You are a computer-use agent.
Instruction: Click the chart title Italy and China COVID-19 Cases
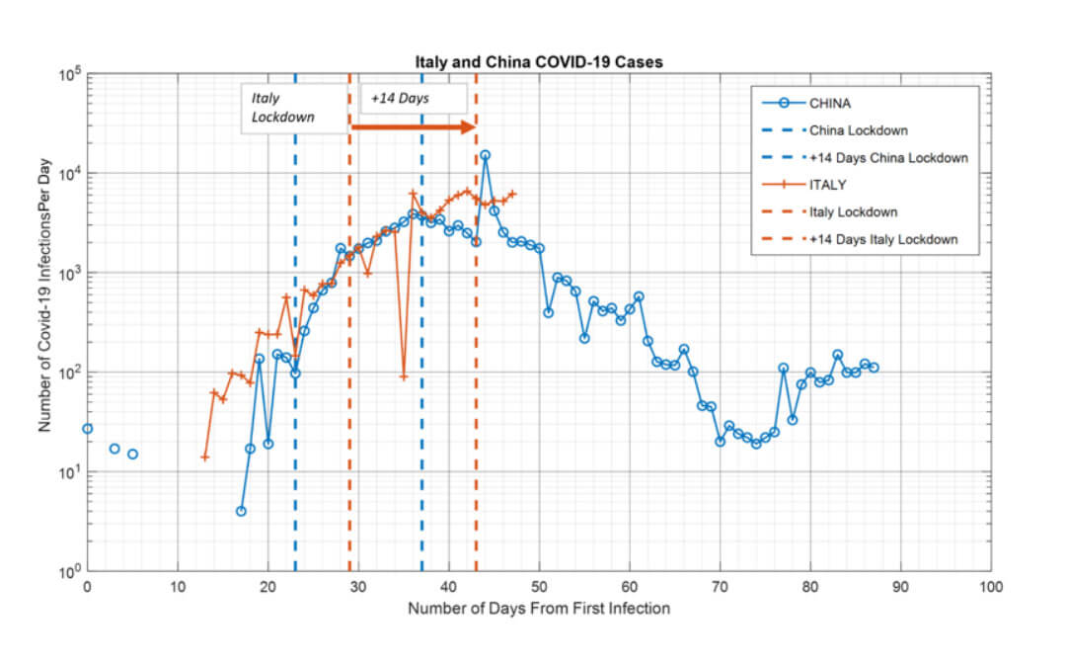(538, 62)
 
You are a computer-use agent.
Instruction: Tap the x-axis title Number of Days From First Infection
(539, 608)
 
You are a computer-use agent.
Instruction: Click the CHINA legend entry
(829, 103)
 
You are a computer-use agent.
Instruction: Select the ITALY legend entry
(826, 185)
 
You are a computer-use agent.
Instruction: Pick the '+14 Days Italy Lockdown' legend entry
(882, 240)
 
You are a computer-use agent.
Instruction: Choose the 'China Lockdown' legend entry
(858, 130)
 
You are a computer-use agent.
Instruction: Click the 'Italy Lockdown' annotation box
(293, 108)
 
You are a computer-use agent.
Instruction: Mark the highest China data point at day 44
(485, 155)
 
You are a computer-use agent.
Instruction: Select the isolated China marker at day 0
(88, 429)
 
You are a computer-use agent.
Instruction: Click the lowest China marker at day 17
(241, 511)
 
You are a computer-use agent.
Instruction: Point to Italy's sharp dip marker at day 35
(404, 376)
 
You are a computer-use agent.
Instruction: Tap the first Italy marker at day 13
(205, 457)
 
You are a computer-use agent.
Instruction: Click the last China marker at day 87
(874, 368)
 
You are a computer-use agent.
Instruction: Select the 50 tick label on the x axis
(539, 586)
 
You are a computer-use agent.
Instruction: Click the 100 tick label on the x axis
(990, 586)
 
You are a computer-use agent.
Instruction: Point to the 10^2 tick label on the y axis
(69, 373)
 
